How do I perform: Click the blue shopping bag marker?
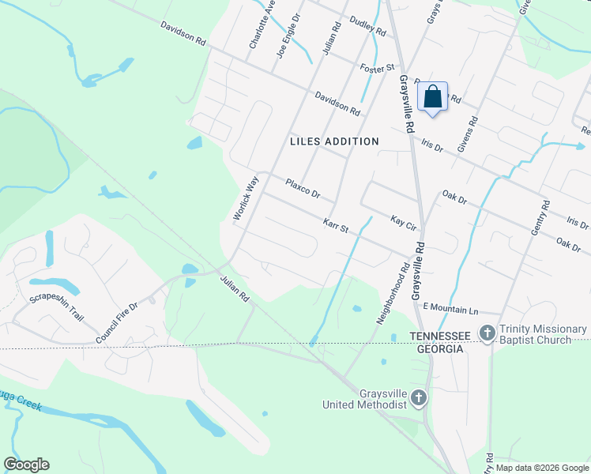(432, 97)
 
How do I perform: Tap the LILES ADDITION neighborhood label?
(334, 141)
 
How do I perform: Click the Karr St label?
(336, 226)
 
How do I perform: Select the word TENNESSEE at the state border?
(439, 336)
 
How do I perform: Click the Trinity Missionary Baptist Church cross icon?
(488, 334)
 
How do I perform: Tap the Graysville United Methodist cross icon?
(419, 398)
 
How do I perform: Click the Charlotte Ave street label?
(262, 26)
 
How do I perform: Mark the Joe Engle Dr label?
(289, 37)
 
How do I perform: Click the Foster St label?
(376, 69)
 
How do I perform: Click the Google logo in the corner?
(27, 465)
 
